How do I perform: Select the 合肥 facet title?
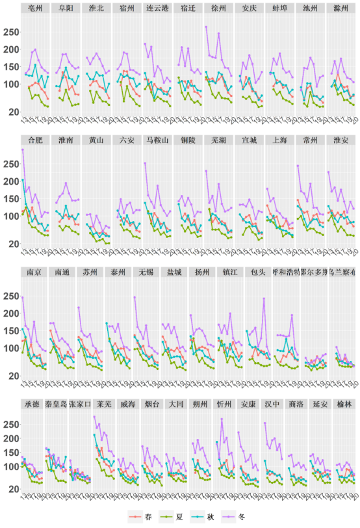tap(36, 140)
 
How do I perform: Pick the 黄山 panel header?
tap(96, 140)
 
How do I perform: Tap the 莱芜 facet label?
tap(102, 404)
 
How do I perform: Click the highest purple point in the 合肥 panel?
tap(23, 150)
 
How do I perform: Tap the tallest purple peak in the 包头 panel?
tap(264, 298)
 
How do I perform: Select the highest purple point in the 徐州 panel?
tap(206, 27)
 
